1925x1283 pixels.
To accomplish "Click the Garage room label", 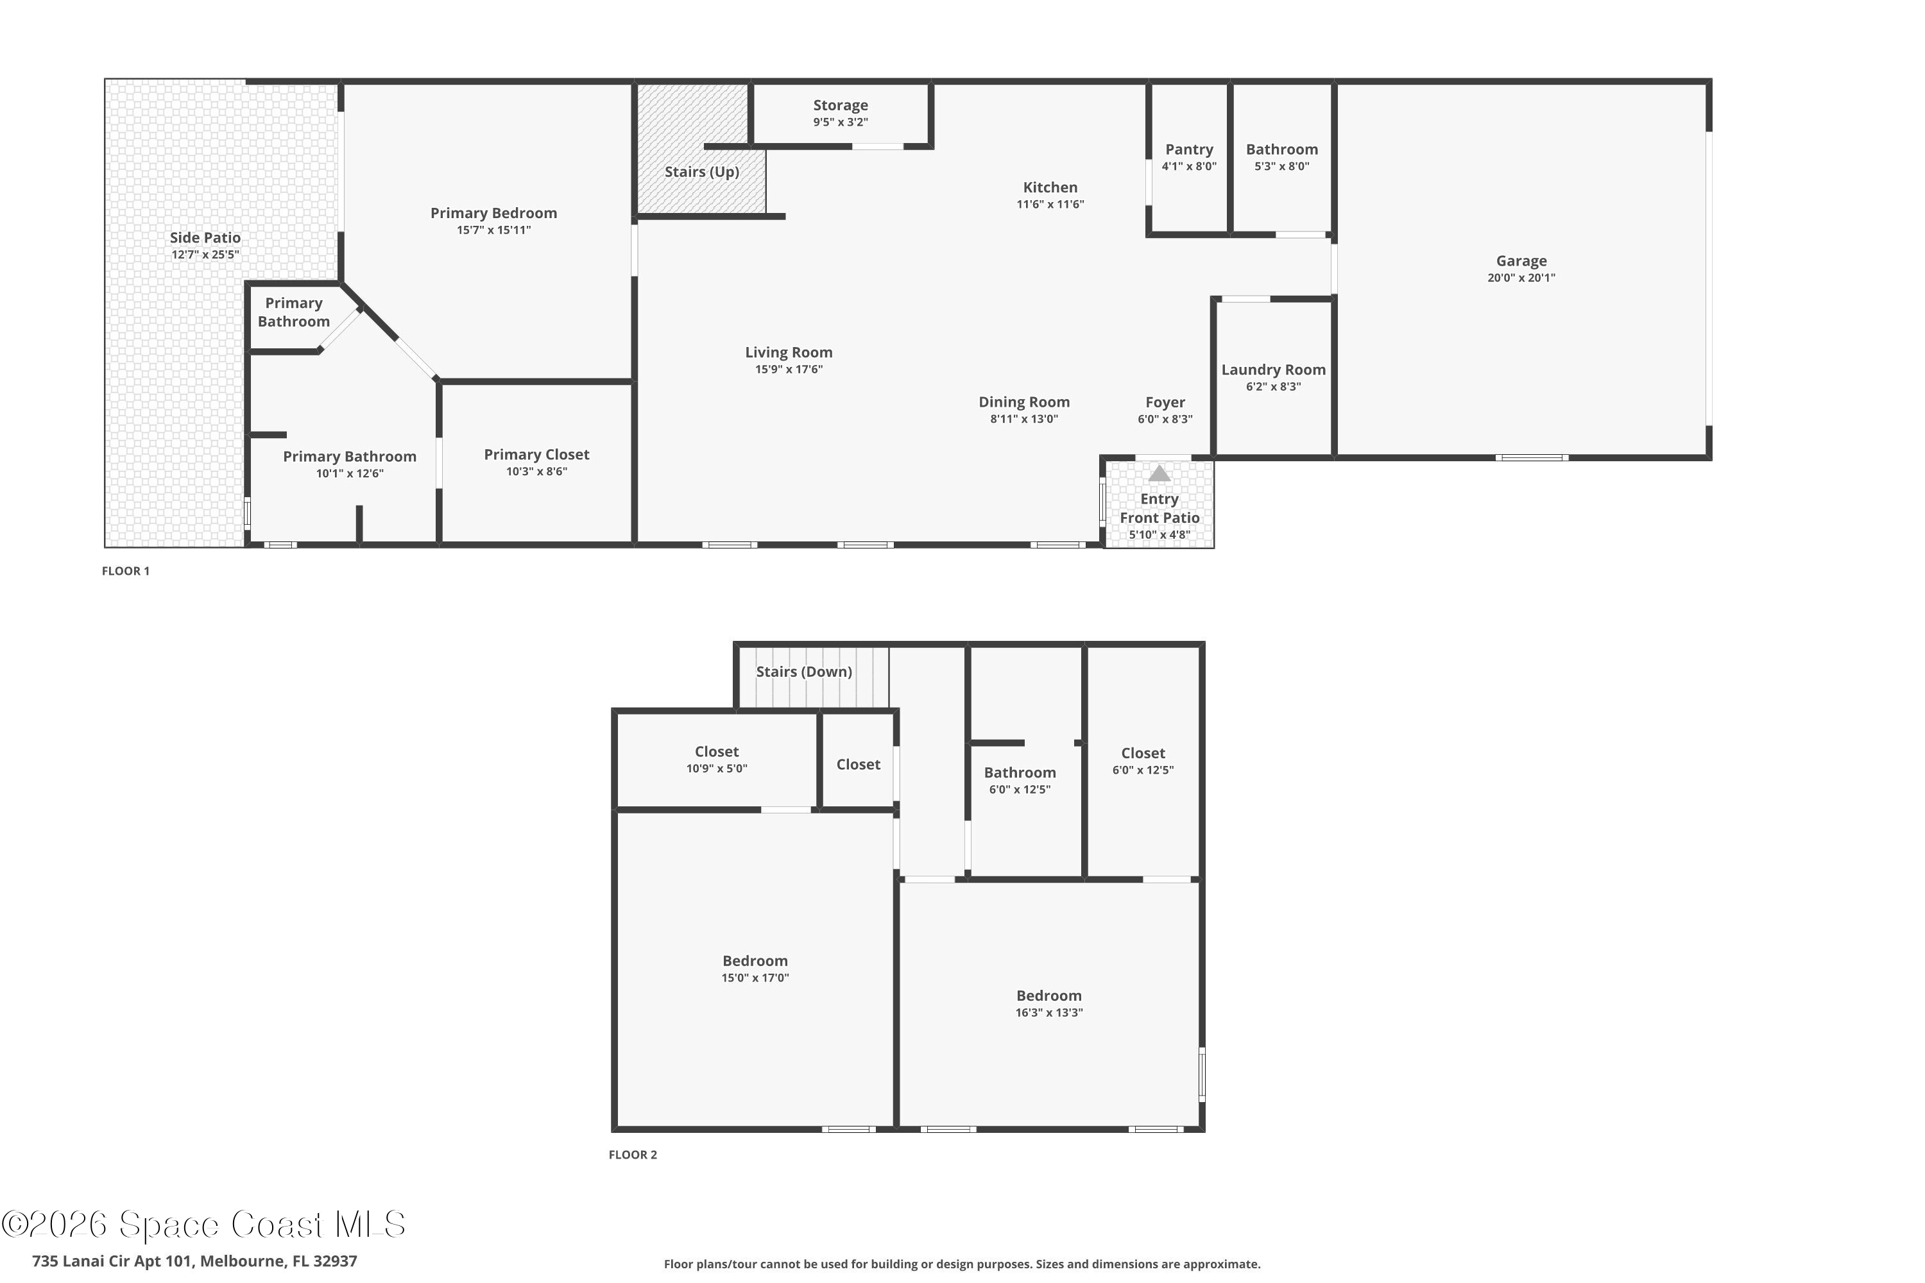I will [1521, 261].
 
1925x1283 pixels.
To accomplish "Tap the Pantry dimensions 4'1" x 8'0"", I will [1188, 166].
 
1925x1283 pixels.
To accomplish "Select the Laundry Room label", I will [1272, 370].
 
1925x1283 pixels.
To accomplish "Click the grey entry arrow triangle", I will [1159, 474].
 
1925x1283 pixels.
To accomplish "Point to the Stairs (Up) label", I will [701, 172].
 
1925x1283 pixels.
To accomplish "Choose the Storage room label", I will [840, 106].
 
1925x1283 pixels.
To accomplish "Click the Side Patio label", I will [205, 238].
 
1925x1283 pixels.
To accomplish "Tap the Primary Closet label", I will [536, 455].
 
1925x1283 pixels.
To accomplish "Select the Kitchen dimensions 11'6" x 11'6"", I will [1050, 205].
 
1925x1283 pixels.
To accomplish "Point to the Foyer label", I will [1165, 403].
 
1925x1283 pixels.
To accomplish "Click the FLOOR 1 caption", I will [125, 571].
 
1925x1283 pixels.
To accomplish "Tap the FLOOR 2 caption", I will [633, 1155].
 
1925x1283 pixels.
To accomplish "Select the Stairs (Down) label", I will [804, 672].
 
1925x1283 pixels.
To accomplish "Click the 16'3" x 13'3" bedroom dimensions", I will [1048, 1013].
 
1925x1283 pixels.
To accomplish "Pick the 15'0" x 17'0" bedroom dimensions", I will [755, 978].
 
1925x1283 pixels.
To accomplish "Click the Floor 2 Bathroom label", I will [1019, 773].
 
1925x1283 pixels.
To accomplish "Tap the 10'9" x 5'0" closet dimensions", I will [716, 769].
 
